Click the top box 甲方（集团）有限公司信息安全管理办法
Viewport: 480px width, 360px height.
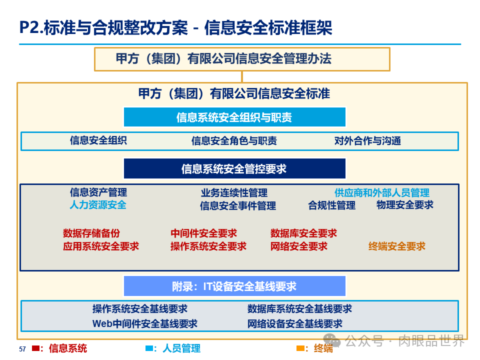click(242, 59)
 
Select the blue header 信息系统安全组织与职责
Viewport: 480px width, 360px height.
click(234, 117)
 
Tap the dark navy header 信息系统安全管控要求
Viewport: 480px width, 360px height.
click(234, 169)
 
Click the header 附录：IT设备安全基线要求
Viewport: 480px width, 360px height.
click(234, 286)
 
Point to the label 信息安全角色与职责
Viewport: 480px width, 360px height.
click(234, 141)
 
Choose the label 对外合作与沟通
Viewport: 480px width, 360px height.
click(367, 141)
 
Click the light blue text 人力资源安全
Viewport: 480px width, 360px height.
click(98, 204)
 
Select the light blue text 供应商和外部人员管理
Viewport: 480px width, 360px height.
click(381, 192)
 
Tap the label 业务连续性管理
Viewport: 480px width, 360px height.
click(234, 192)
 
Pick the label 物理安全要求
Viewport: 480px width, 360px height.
click(405, 204)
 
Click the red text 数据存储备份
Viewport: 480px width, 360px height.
click(91, 233)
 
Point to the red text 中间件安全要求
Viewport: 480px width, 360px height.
click(203, 233)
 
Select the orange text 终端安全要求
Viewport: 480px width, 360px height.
click(397, 246)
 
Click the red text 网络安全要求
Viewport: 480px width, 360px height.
click(299, 246)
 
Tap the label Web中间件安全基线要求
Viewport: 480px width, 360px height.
click(145, 323)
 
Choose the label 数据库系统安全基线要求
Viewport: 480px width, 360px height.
click(299, 309)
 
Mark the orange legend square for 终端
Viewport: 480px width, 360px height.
click(300, 348)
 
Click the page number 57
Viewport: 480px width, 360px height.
click(22, 349)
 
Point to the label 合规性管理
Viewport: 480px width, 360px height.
click(332, 205)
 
